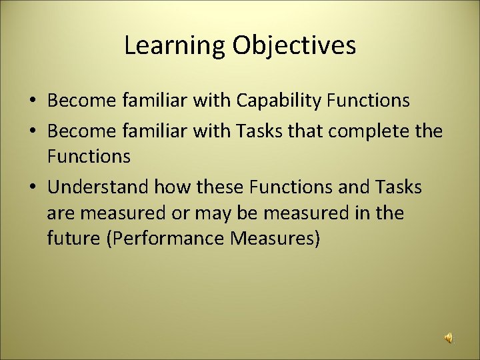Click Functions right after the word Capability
(x=368, y=101)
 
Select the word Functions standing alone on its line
(x=89, y=157)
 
